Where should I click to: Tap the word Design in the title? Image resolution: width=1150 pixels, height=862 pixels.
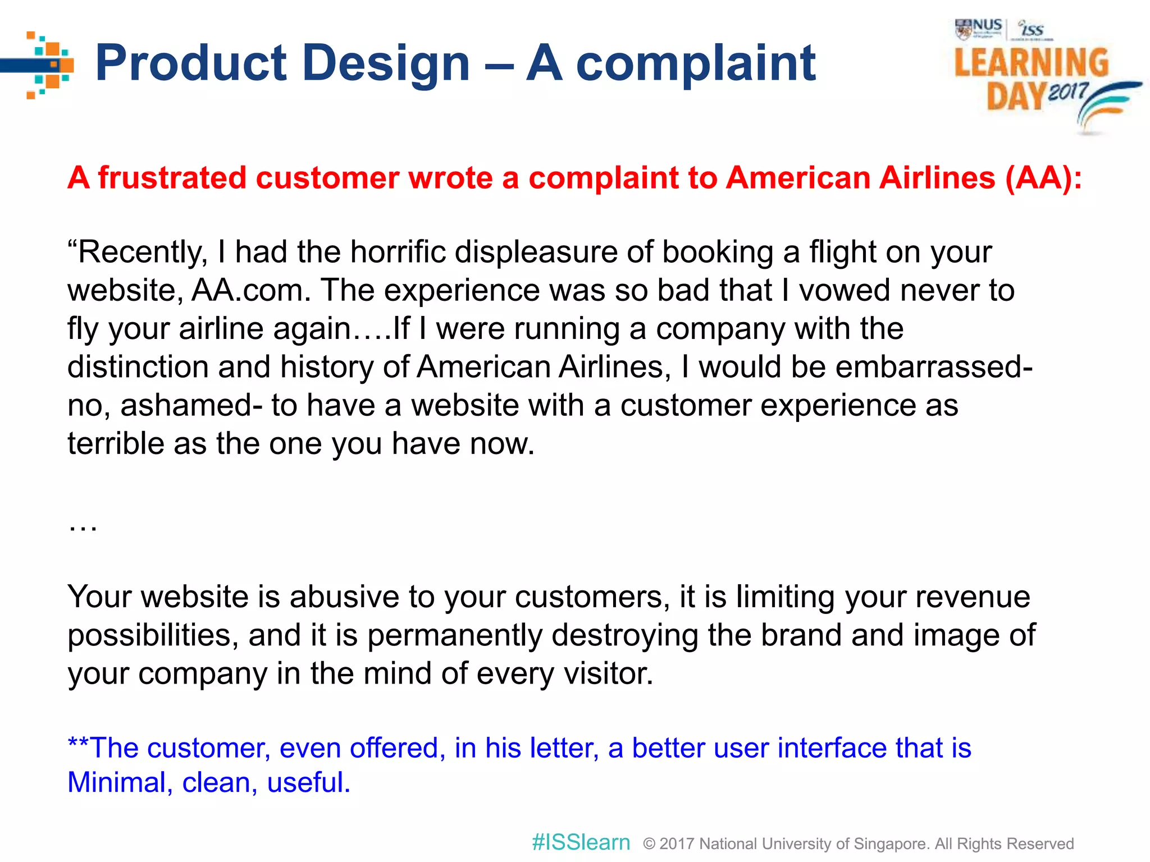pyautogui.click(x=386, y=63)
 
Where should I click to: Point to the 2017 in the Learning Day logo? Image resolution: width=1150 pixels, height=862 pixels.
pyautogui.click(x=1067, y=92)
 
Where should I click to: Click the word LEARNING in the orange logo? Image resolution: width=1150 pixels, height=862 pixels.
pyautogui.click(x=1032, y=62)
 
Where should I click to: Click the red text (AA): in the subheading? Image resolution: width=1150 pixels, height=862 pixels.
pyautogui.click(x=1043, y=178)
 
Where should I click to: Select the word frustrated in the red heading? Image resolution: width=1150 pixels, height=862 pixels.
pyautogui.click(x=172, y=178)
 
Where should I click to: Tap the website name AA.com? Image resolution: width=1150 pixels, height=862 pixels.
pyautogui.click(x=251, y=291)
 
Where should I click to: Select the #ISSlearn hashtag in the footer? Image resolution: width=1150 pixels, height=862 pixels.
pyautogui.click(x=581, y=842)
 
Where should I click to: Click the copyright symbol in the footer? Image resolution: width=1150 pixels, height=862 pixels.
pyautogui.click(x=649, y=843)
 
